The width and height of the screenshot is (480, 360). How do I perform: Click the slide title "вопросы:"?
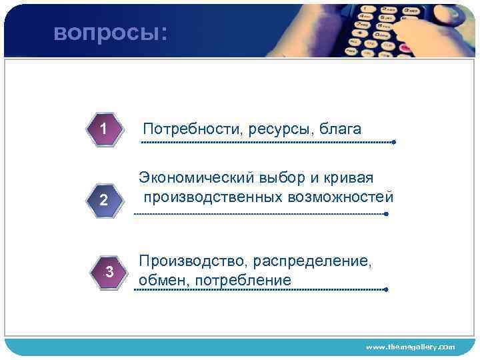tap(111, 33)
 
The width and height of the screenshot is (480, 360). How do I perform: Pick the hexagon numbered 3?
tap(109, 272)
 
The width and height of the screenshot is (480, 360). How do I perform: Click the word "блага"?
tap(340, 128)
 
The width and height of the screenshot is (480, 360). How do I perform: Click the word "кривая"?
tap(349, 178)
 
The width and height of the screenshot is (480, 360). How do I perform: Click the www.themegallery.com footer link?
tap(411, 347)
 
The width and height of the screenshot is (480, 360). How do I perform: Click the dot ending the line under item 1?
tap(394, 142)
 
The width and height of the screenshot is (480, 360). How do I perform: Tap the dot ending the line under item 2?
tap(387, 214)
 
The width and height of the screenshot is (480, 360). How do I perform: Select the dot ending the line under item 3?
tap(387, 289)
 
